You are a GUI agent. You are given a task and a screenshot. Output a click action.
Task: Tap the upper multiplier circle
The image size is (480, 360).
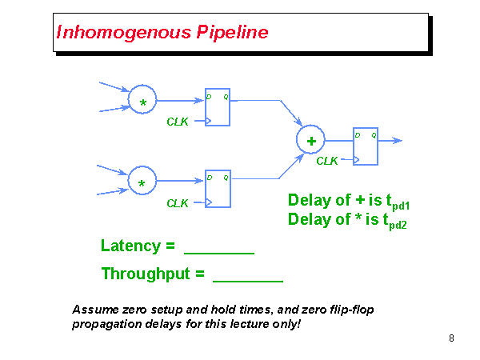pyautogui.click(x=142, y=101)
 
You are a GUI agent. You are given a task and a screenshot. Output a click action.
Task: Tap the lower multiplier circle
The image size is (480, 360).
pyautogui.click(x=142, y=182)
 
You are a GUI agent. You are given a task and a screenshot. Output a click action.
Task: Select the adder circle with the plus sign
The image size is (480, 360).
pyautogui.click(x=310, y=141)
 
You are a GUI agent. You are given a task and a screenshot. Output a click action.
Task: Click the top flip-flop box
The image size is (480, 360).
pyautogui.click(x=218, y=107)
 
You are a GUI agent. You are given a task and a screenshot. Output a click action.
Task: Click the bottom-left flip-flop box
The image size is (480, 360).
pyautogui.click(x=218, y=189)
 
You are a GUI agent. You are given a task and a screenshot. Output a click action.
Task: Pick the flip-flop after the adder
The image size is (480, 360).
pyautogui.click(x=366, y=146)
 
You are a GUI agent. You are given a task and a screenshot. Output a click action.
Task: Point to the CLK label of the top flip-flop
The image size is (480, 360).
pyautogui.click(x=178, y=122)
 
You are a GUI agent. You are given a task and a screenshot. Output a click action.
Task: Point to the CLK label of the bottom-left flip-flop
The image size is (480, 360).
pyautogui.click(x=178, y=203)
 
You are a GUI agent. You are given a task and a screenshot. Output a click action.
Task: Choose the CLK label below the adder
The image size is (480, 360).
pyautogui.click(x=327, y=161)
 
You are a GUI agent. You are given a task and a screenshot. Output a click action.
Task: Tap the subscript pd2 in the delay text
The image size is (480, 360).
pyautogui.click(x=398, y=226)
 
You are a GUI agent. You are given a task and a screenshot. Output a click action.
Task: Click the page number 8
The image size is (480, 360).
pyautogui.click(x=451, y=338)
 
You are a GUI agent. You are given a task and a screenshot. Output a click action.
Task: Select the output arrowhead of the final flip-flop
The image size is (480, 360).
pyautogui.click(x=398, y=141)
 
